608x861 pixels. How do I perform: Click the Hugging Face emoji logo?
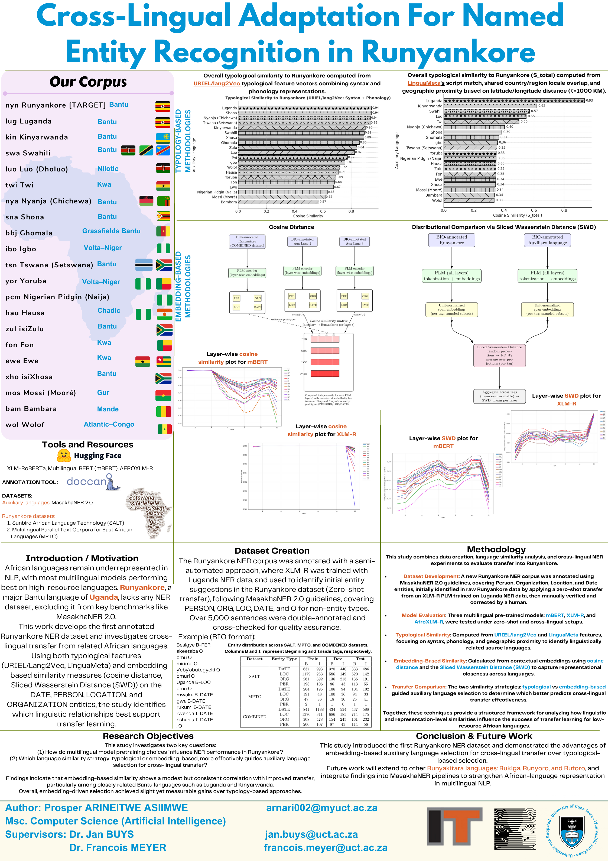64,456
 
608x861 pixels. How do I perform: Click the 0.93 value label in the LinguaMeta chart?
589,100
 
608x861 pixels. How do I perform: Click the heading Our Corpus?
88,82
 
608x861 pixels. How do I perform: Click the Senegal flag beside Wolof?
164,429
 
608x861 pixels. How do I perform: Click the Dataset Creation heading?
272,551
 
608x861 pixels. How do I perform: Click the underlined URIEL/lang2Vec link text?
217,84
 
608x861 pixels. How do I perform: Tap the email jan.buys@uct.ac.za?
311,834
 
